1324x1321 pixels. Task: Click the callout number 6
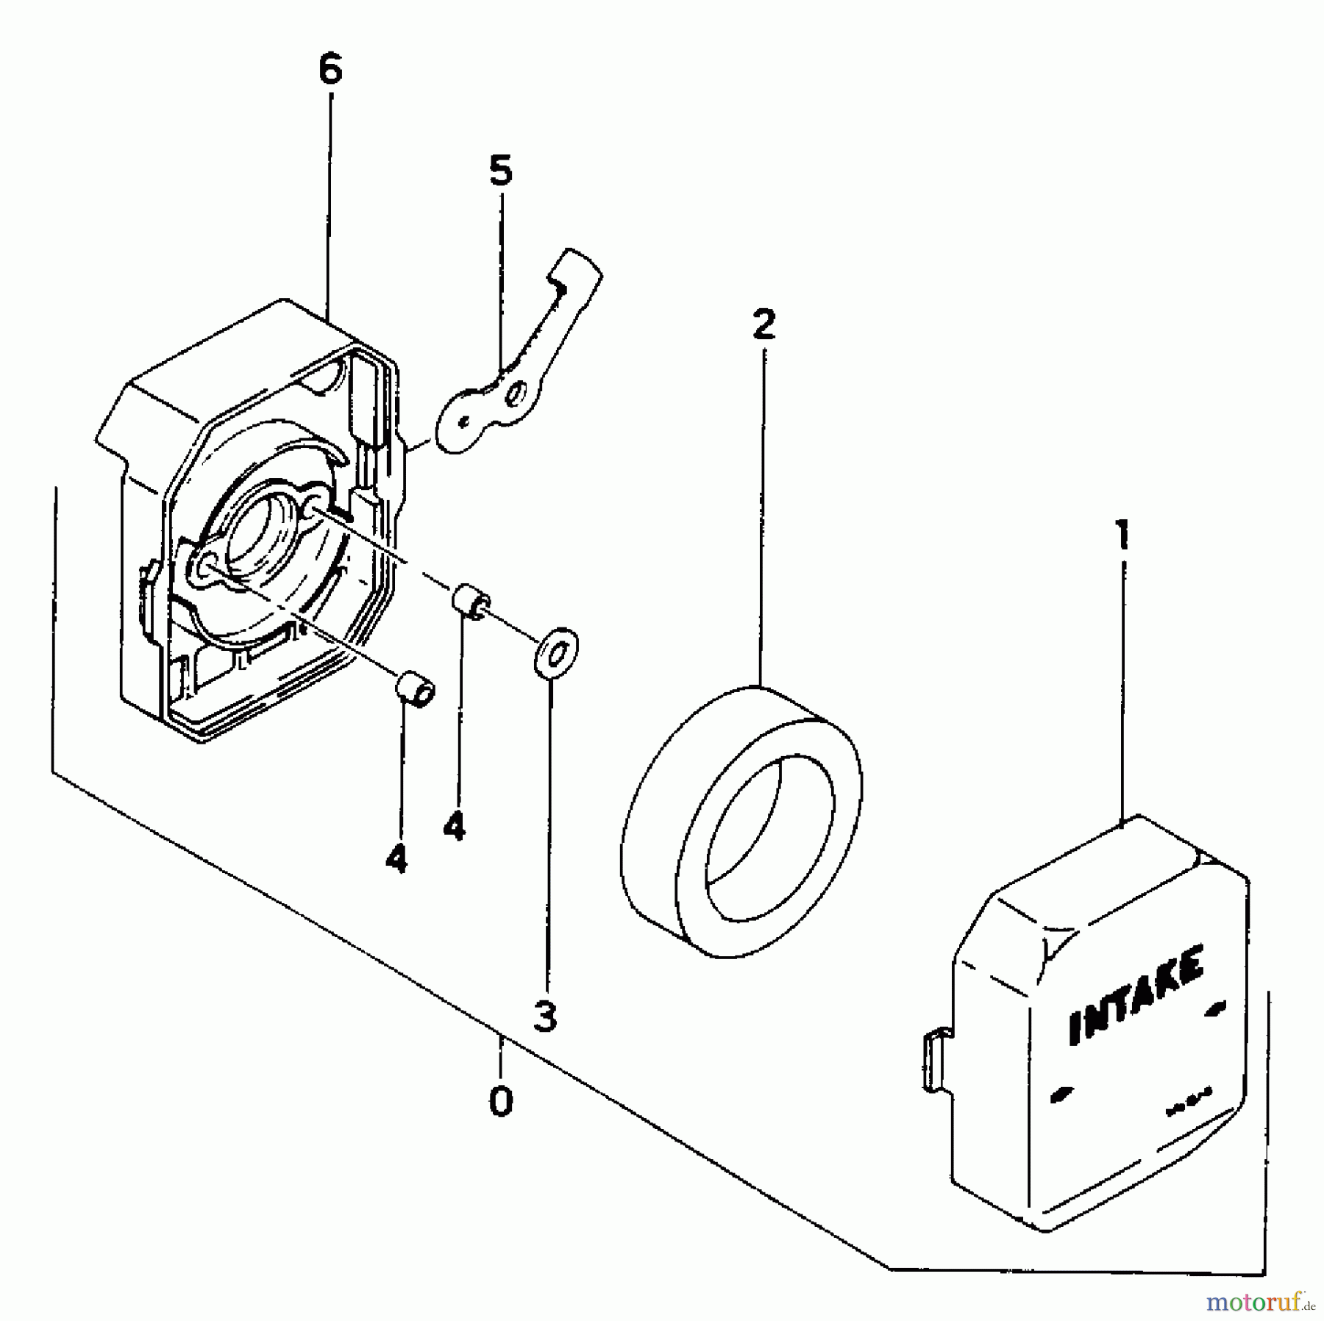pyautogui.click(x=331, y=71)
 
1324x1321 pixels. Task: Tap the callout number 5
pyautogui.click(x=500, y=172)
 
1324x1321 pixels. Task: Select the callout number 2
pyautogui.click(x=764, y=324)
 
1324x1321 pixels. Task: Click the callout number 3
pyautogui.click(x=544, y=1017)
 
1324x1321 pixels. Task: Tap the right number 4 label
pyautogui.click(x=455, y=827)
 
